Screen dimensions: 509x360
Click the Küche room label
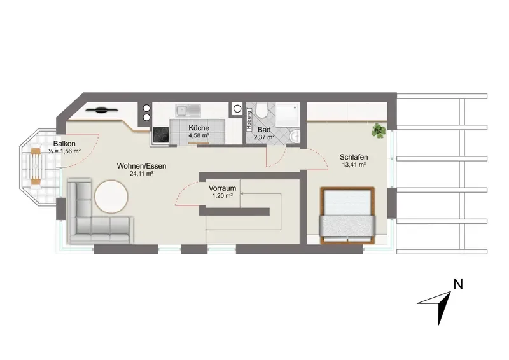[199, 128]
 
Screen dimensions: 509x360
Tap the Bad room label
[264, 130]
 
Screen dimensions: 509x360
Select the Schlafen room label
[354, 157]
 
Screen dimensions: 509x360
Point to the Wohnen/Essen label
[141, 166]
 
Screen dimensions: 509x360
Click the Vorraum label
[222, 188]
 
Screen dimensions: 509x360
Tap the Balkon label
[65, 144]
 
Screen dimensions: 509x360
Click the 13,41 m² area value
[354, 165]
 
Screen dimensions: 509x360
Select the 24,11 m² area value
[141, 174]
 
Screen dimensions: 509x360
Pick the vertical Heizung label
[249, 121]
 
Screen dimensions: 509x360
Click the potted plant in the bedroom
[379, 130]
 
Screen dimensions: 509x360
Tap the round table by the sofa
[111, 197]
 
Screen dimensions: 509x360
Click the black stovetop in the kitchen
[161, 135]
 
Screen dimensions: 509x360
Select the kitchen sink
[188, 111]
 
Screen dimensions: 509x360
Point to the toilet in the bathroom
[261, 111]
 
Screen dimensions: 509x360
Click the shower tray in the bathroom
[288, 114]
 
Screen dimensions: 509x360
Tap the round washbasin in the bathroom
[295, 137]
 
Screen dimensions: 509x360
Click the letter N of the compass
[458, 284]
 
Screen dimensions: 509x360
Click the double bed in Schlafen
[347, 216]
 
